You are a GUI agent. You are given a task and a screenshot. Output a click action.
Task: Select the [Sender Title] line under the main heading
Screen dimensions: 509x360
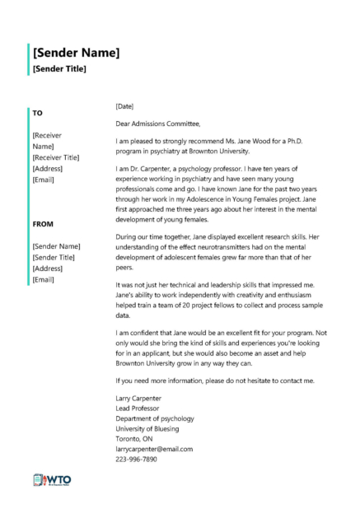pyautogui.click(x=59, y=69)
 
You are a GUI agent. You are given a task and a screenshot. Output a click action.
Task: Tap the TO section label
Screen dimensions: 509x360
pyautogui.click(x=38, y=112)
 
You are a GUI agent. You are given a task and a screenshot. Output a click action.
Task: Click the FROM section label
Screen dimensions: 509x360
pyautogui.click(x=44, y=223)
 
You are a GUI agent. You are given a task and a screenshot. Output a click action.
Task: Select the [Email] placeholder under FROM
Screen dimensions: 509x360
pyautogui.click(x=44, y=281)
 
